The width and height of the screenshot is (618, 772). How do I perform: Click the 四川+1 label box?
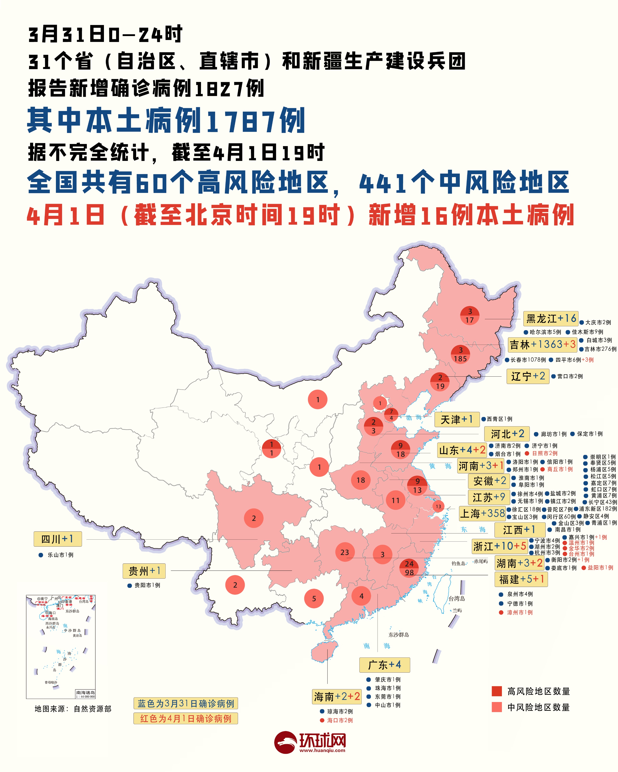[x=58, y=539]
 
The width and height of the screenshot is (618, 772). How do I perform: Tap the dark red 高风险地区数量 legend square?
[x=497, y=691]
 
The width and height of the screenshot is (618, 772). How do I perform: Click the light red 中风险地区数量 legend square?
[x=497, y=707]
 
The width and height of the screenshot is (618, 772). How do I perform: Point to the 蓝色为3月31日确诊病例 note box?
[x=185, y=704]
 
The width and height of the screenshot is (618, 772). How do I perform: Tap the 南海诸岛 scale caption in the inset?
[x=85, y=694]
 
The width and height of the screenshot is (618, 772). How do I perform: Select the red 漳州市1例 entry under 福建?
[x=520, y=613]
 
